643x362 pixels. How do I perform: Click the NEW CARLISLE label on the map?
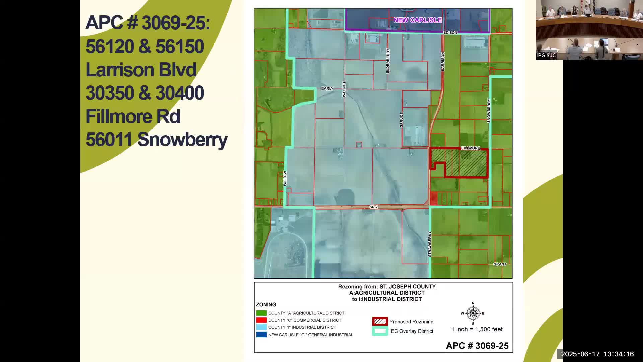[417, 20]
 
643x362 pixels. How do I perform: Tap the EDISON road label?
[450, 33]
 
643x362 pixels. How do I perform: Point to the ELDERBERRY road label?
[388, 61]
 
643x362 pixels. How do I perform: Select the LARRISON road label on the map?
[443, 61]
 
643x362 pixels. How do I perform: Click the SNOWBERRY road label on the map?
[489, 111]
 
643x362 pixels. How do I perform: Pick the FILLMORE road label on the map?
[470, 148]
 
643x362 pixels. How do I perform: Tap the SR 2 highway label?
[373, 207]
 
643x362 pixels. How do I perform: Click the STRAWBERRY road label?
[430, 244]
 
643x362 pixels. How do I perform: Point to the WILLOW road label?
[285, 178]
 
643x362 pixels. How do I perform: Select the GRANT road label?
[500, 264]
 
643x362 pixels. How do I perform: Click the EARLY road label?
[327, 88]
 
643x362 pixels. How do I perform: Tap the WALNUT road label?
[344, 89]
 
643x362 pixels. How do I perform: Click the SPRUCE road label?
[401, 120]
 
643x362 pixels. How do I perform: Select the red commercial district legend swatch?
[261, 320]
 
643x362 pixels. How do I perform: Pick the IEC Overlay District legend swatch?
[380, 331]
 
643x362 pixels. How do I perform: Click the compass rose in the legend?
[473, 313]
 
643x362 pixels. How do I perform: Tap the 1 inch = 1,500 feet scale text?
[477, 329]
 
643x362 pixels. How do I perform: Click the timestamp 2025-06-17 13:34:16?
[597, 354]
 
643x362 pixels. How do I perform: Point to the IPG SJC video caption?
[546, 56]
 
